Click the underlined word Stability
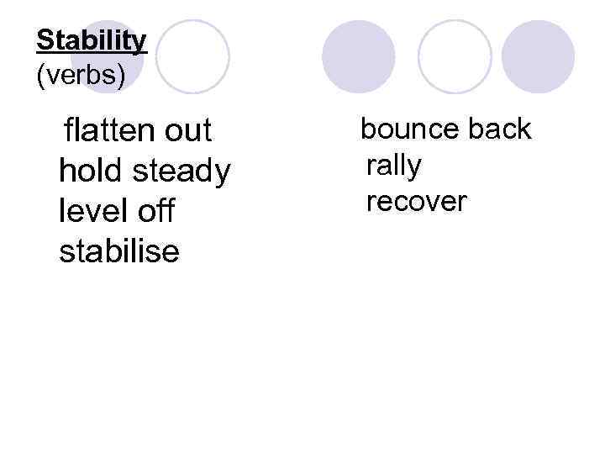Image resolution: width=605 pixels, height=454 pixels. click(92, 40)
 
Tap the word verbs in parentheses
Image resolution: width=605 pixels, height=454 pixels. click(81, 76)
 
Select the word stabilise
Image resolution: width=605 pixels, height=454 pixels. click(119, 250)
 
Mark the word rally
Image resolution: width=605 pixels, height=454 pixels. click(394, 166)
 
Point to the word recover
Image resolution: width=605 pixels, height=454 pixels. click(416, 202)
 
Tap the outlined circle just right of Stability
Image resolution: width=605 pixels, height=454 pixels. click(192, 56)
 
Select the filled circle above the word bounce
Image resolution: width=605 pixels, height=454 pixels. click(359, 56)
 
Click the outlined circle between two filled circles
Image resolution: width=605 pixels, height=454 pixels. click(455, 56)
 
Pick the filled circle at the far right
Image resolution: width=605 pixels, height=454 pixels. click(538, 56)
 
